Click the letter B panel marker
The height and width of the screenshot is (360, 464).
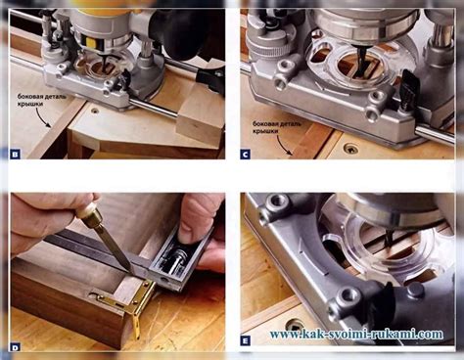(15, 154)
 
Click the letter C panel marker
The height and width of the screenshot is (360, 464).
(246, 154)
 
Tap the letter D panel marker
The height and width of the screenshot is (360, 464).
(15, 347)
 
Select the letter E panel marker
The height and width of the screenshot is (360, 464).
(246, 341)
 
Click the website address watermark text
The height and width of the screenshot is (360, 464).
(356, 335)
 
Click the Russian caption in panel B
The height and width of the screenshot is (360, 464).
(41, 100)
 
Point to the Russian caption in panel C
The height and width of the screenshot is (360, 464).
(277, 127)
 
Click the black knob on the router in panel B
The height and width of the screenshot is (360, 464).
(179, 32)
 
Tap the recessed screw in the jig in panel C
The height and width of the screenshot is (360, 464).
(350, 150)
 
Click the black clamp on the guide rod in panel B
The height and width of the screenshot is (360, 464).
(210, 79)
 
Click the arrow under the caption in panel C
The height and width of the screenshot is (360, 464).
(284, 145)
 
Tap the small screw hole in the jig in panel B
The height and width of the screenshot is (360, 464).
(95, 111)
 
